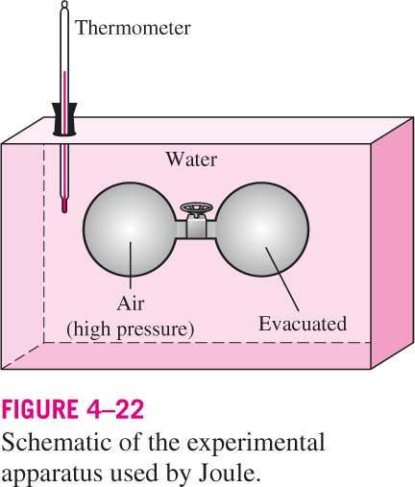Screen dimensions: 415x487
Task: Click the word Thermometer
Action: point(133,28)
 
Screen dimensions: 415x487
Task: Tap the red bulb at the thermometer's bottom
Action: point(64,206)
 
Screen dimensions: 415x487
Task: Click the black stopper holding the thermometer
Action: point(64,118)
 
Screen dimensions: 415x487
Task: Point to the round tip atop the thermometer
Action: point(64,5)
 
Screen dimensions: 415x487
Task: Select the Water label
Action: point(191,159)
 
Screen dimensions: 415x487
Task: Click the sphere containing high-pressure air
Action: point(130,230)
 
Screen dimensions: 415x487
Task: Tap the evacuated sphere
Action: point(262,230)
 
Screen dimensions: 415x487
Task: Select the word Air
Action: point(131,303)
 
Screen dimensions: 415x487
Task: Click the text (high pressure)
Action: point(131,329)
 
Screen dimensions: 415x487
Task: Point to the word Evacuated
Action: point(303,324)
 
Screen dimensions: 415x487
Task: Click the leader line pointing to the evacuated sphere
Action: point(282,279)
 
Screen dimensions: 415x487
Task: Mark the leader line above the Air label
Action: point(131,265)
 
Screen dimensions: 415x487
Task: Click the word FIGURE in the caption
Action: point(39,409)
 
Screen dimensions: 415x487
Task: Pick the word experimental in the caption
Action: point(256,444)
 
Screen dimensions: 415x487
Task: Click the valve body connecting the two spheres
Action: point(196,228)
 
